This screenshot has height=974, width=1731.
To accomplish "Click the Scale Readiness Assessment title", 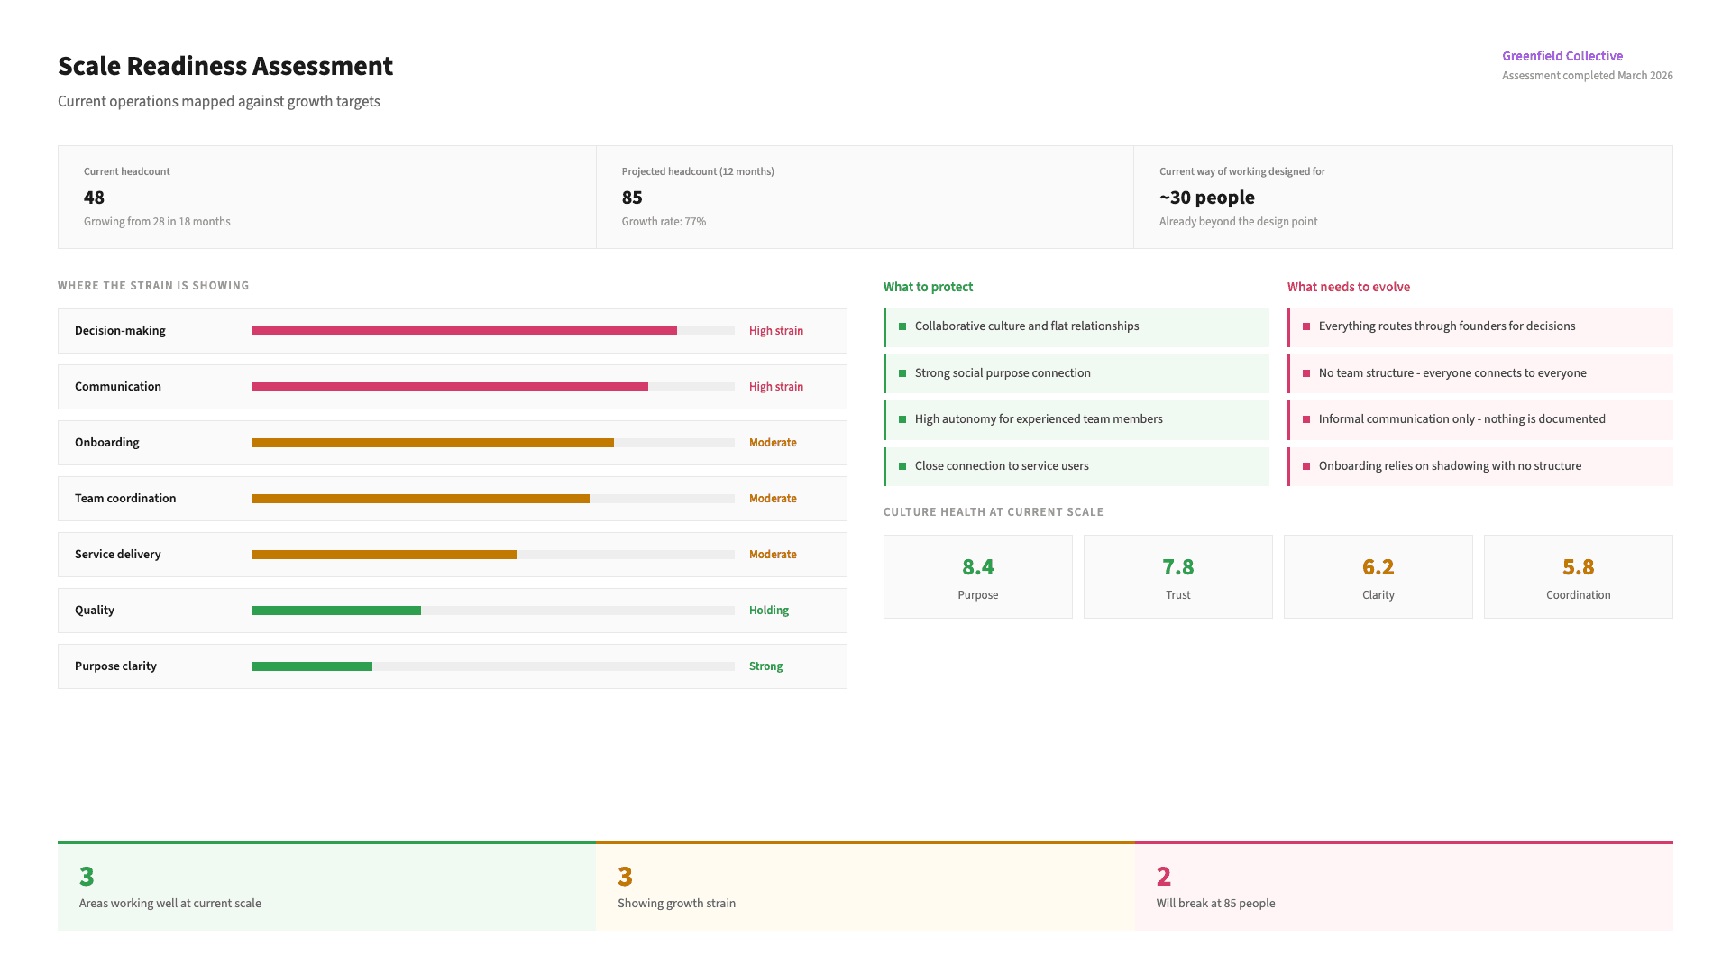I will click(x=225, y=66).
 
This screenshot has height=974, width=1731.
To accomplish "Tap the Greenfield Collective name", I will click(x=1562, y=56).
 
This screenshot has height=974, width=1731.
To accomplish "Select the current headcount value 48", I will click(x=94, y=198).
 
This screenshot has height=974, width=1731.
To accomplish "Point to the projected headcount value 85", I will click(x=632, y=198).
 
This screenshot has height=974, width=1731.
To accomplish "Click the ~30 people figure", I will click(x=1206, y=198).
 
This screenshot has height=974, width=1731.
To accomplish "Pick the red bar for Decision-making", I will click(x=463, y=331).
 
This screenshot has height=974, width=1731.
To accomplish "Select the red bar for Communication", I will click(x=449, y=387).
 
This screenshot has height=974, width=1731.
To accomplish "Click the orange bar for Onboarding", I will click(x=432, y=443).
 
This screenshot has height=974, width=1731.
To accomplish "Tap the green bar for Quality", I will click(x=335, y=611).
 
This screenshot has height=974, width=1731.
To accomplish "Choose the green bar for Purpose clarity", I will click(x=311, y=666).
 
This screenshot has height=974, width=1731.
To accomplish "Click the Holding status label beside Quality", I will click(x=768, y=611).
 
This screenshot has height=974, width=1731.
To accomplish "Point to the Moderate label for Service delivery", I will click(x=772, y=555).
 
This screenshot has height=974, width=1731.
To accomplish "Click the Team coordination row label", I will click(x=125, y=499).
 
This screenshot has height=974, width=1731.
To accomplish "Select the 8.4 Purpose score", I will click(x=977, y=567).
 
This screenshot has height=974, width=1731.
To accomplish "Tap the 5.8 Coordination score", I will click(x=1578, y=567).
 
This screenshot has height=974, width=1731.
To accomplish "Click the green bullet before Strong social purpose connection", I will click(x=902, y=373).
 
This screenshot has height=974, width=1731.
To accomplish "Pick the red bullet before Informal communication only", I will click(x=1306, y=419).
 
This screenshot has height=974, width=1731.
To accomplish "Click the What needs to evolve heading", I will click(x=1348, y=287).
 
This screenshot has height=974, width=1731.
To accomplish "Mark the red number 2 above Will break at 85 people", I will click(x=1163, y=877).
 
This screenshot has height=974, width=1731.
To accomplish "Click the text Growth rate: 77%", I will click(x=664, y=222).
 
